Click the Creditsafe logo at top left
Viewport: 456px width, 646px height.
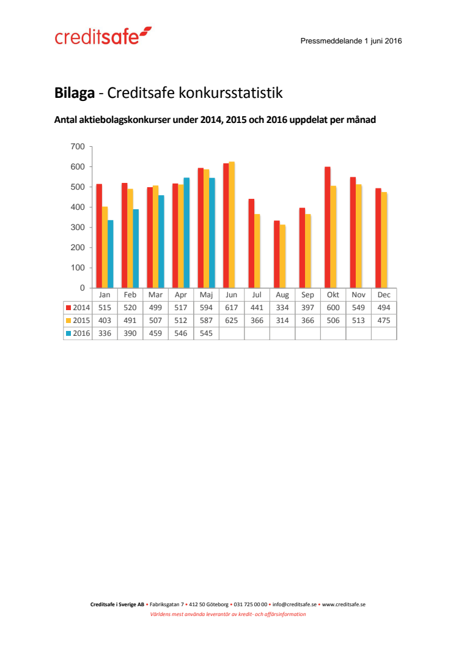click(103, 37)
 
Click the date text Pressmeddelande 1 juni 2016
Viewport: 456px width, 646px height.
click(351, 41)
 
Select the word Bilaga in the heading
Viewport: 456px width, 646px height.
click(74, 93)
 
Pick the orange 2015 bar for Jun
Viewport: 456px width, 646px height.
click(232, 225)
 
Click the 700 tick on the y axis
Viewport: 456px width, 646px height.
click(78, 146)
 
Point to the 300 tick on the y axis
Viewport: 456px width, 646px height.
click(78, 227)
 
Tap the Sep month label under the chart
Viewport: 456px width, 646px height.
click(307, 294)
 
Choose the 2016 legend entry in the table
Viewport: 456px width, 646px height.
click(78, 333)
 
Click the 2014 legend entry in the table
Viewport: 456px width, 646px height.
click(78, 308)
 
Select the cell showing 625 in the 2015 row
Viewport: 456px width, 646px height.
click(232, 321)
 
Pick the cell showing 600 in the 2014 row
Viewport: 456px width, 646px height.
click(333, 308)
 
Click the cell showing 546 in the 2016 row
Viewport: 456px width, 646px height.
click(181, 333)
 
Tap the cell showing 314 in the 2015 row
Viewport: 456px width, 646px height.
click(282, 321)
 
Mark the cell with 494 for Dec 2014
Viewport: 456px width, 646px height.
click(384, 308)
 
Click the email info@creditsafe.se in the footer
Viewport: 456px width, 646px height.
click(294, 604)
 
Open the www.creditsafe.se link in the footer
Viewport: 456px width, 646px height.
click(344, 604)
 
